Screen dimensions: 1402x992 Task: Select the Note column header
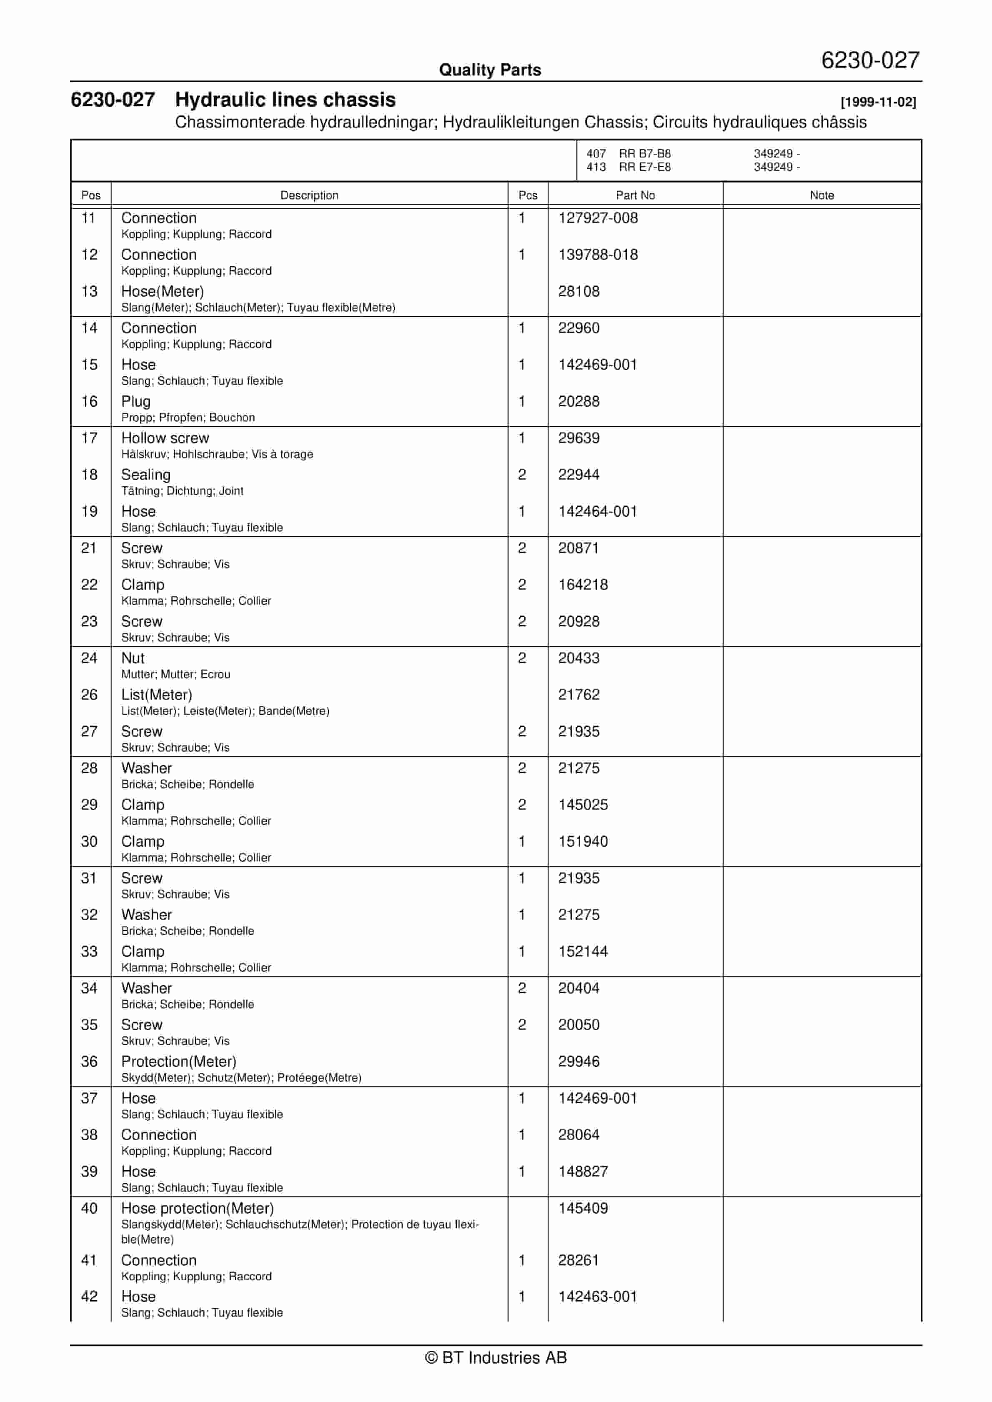[x=821, y=195]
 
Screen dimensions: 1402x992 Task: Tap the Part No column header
[x=635, y=195]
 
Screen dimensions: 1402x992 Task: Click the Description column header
[x=309, y=195]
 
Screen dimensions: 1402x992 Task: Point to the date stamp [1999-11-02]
[x=878, y=103]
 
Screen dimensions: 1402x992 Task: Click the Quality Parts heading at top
[x=490, y=70]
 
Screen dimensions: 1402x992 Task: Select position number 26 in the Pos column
[x=89, y=695]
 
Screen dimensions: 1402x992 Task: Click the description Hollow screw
[x=165, y=438]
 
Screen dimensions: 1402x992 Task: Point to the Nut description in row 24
[x=133, y=658]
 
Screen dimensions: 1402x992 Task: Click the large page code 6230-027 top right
[x=870, y=60]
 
